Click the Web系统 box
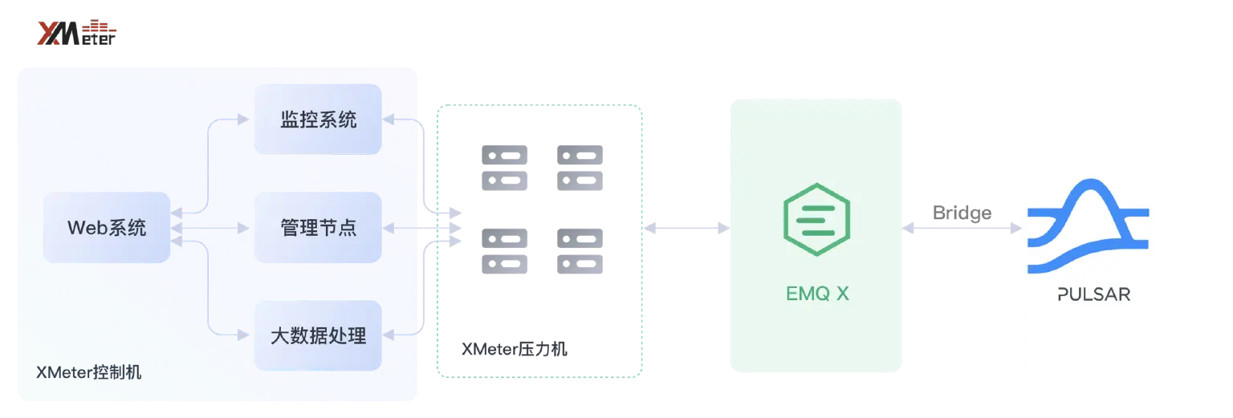(x=106, y=228)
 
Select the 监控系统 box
(x=318, y=120)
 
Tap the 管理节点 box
(x=318, y=228)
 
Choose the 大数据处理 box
(x=318, y=335)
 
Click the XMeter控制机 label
(x=88, y=373)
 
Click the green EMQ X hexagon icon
(x=816, y=219)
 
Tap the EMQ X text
(x=816, y=294)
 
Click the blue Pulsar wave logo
(x=1089, y=227)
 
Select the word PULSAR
(x=1093, y=294)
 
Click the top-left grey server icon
(x=507, y=167)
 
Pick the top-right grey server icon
(x=577, y=167)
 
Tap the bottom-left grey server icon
(x=507, y=250)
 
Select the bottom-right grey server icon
(x=577, y=250)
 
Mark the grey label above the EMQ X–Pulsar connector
(x=962, y=213)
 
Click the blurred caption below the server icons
(x=512, y=350)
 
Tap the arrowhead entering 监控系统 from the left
(x=242, y=120)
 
